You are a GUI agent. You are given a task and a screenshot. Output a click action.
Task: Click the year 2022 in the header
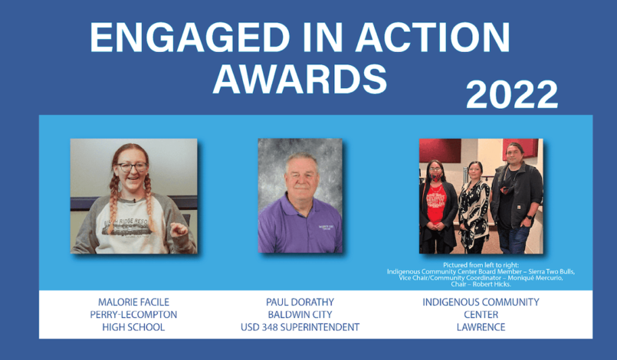(x=512, y=94)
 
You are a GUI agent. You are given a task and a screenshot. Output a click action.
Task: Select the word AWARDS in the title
(x=300, y=79)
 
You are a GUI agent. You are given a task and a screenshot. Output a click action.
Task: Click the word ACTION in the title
(x=432, y=38)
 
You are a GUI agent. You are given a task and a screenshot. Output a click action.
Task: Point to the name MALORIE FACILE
(x=134, y=302)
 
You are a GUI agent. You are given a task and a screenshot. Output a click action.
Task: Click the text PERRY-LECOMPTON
(x=134, y=315)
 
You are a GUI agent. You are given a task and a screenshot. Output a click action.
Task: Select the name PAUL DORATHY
(x=300, y=302)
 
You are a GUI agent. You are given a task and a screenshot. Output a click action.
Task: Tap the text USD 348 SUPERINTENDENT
(x=300, y=327)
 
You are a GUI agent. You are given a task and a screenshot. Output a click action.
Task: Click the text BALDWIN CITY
(x=300, y=315)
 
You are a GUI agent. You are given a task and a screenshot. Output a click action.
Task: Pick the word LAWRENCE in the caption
(x=481, y=327)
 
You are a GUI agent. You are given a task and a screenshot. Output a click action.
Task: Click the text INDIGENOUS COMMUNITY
(x=481, y=302)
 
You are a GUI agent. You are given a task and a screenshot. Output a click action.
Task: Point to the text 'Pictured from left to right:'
(x=481, y=265)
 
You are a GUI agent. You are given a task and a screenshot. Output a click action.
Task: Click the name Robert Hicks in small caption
(x=492, y=284)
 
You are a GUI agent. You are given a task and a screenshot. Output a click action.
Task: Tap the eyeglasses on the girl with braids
(x=132, y=167)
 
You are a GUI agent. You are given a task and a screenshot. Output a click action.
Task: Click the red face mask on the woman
(x=436, y=177)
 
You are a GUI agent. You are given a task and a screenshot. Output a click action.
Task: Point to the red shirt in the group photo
(x=436, y=204)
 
